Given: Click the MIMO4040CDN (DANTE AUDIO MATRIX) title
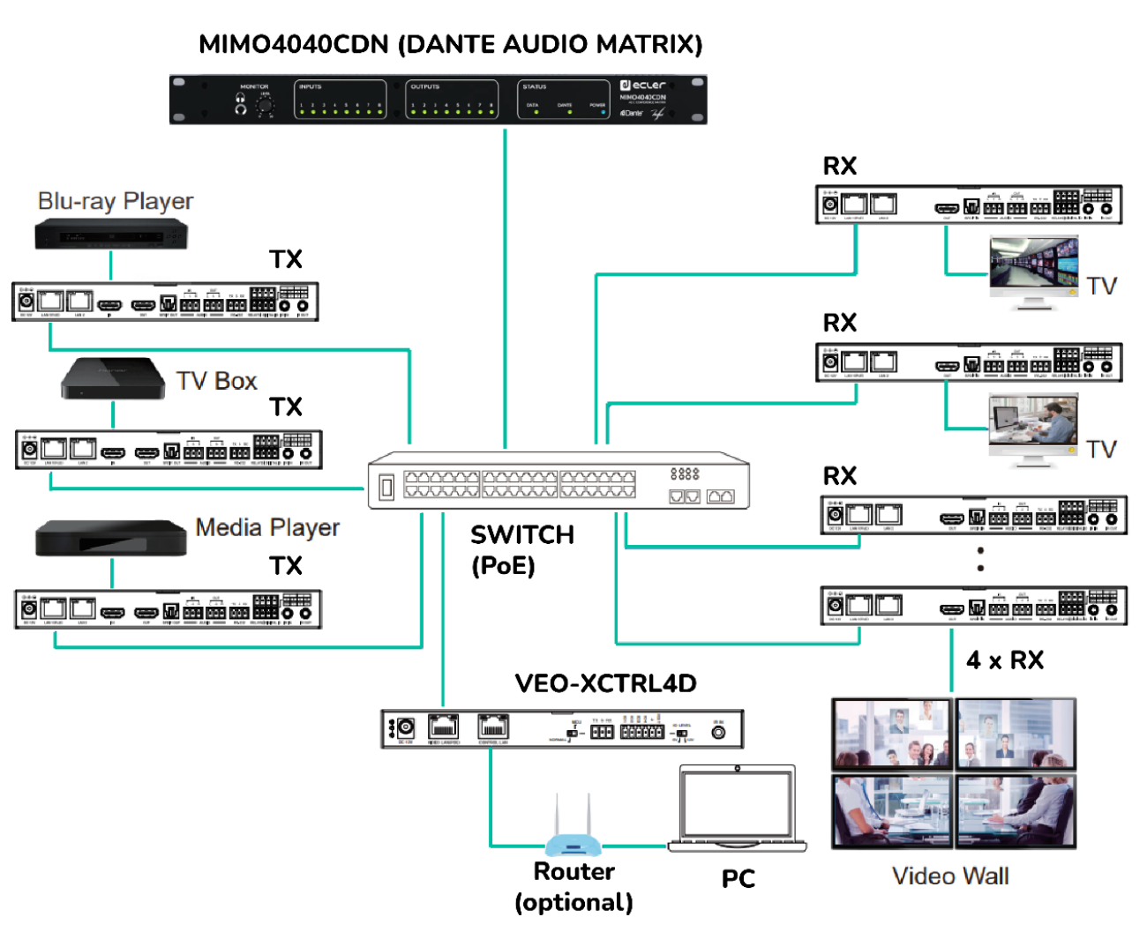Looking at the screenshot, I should click(450, 44).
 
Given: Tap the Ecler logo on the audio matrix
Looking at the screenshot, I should click(643, 86).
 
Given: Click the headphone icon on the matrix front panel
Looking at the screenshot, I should click(241, 104).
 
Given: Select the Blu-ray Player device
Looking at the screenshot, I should click(111, 235).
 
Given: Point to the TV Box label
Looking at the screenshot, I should click(216, 381).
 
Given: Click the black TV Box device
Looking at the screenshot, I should click(112, 378).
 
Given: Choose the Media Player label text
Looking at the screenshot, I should click(267, 527).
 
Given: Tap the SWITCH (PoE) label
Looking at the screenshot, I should click(521, 549).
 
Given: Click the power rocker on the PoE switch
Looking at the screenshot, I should click(386, 487).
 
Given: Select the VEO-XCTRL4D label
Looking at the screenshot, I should click(605, 683).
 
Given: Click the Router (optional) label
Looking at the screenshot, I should click(573, 886).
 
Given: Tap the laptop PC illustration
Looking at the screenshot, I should click(738, 809).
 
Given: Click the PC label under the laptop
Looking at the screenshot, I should click(738, 878).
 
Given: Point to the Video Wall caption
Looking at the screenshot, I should click(950, 876).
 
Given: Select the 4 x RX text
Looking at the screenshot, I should click(1005, 660).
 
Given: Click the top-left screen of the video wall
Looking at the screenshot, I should click(893, 734).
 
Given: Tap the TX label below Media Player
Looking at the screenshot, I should click(286, 565).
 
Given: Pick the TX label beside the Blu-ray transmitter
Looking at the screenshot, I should click(286, 259).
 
